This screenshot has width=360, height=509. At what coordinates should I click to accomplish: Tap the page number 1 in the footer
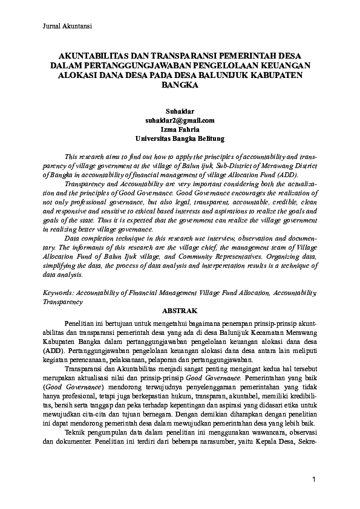314,479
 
